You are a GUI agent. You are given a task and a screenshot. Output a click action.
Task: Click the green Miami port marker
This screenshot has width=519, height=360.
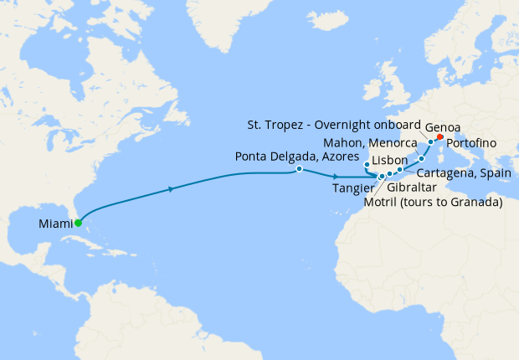tap(78, 223)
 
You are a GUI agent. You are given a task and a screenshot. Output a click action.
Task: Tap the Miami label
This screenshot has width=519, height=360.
tap(54, 224)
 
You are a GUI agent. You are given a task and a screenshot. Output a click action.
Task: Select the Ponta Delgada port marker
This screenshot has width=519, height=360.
tap(299, 169)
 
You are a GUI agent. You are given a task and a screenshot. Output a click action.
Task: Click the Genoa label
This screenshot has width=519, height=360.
tap(441, 128)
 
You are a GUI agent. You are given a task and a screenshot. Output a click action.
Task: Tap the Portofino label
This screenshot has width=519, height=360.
tap(471, 143)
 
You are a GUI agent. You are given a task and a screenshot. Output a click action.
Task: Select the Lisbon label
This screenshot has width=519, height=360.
tap(389, 160)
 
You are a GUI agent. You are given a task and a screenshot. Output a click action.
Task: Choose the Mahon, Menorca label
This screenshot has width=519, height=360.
tap(371, 144)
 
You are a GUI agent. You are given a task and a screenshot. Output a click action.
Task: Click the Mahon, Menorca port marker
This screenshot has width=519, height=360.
tap(421, 159)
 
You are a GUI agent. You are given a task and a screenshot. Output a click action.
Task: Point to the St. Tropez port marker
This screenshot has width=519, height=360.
tap(430, 142)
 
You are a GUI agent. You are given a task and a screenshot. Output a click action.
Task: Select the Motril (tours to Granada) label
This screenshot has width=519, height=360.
tap(434, 202)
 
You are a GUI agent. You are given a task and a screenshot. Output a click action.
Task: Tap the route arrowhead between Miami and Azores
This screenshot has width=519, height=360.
tap(172, 189)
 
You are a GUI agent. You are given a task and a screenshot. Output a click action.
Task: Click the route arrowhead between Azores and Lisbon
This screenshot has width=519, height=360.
tap(336, 176)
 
